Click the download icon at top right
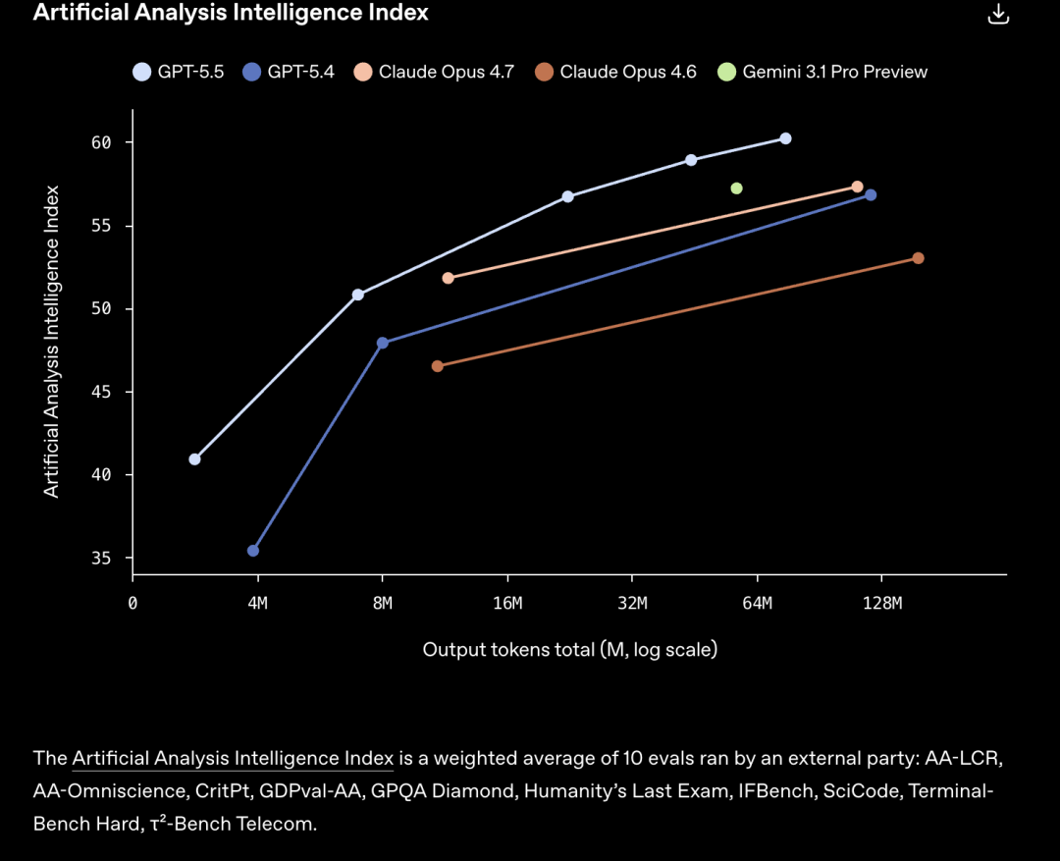[x=997, y=14]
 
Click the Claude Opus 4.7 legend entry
[x=434, y=72]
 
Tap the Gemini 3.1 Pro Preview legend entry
[x=822, y=72]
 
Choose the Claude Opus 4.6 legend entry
[x=615, y=72]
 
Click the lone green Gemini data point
[x=736, y=188]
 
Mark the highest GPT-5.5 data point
[x=785, y=138]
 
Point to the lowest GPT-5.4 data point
[x=253, y=551]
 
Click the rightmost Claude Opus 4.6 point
[x=918, y=258]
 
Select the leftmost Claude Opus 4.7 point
[x=449, y=278]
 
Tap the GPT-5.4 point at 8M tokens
[x=383, y=343]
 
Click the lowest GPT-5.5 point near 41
[x=194, y=459]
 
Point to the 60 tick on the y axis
[x=102, y=143]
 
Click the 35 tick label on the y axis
[x=102, y=559]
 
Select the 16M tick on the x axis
[x=507, y=603]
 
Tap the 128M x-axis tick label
[x=882, y=603]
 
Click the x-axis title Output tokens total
[x=569, y=650]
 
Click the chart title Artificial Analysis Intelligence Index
[x=231, y=13]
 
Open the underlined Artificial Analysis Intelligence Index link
[x=233, y=758]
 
